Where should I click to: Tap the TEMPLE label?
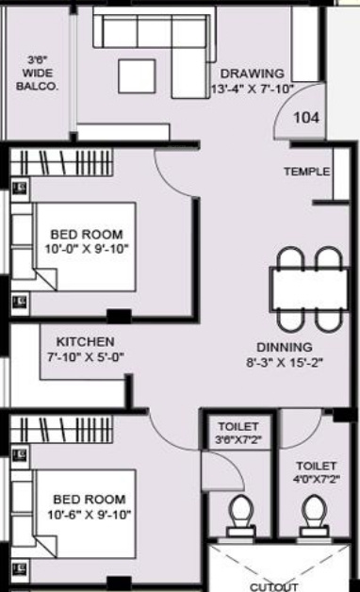(x=307, y=172)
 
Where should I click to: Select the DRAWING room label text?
(x=252, y=74)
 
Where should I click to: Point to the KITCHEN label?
(x=85, y=341)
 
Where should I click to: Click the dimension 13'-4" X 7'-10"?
(x=252, y=90)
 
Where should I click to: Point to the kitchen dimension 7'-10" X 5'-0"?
(x=85, y=358)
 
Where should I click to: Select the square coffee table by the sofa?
(x=138, y=75)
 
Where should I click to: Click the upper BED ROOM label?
(x=87, y=234)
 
